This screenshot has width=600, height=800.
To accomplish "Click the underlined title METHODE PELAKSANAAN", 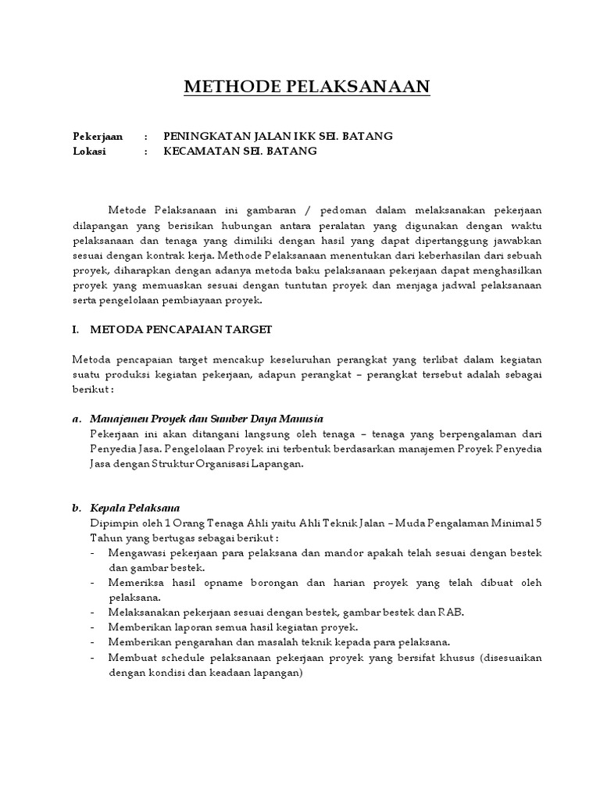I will click(307, 86).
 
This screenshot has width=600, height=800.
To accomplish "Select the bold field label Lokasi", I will click(88, 152).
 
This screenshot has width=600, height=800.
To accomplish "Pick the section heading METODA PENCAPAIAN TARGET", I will click(181, 330).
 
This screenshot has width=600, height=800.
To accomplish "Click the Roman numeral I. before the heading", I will click(76, 330).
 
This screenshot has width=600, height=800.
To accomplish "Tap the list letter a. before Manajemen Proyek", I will click(76, 419).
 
